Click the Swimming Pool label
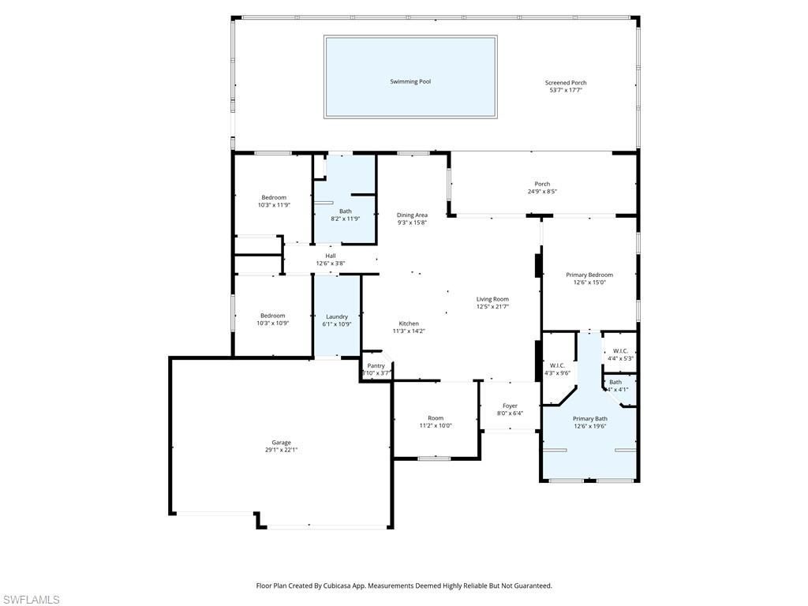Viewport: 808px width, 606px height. point(410,81)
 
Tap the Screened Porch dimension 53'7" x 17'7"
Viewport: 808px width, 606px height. point(566,90)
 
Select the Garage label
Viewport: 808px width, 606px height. point(282,443)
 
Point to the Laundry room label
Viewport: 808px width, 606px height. point(337,316)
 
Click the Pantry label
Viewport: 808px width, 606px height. point(376,365)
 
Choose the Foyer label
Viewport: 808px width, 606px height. point(510,406)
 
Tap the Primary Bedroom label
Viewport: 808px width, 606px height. point(589,275)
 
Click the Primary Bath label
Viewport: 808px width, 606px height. point(589,418)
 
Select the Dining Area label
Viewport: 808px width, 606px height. point(412,215)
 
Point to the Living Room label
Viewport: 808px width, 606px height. point(492,299)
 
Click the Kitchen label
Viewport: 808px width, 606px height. point(409,324)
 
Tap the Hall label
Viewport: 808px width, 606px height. point(331,256)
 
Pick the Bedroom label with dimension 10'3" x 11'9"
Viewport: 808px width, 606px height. point(274,197)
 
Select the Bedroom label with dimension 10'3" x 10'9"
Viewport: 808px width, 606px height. point(274,315)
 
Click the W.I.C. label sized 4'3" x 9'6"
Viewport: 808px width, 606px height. point(557,365)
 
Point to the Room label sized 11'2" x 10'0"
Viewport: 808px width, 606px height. point(436,418)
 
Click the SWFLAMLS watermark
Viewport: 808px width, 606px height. point(30,600)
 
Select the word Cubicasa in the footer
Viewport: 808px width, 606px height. point(353,585)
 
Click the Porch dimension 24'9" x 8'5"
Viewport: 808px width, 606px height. point(542,192)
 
